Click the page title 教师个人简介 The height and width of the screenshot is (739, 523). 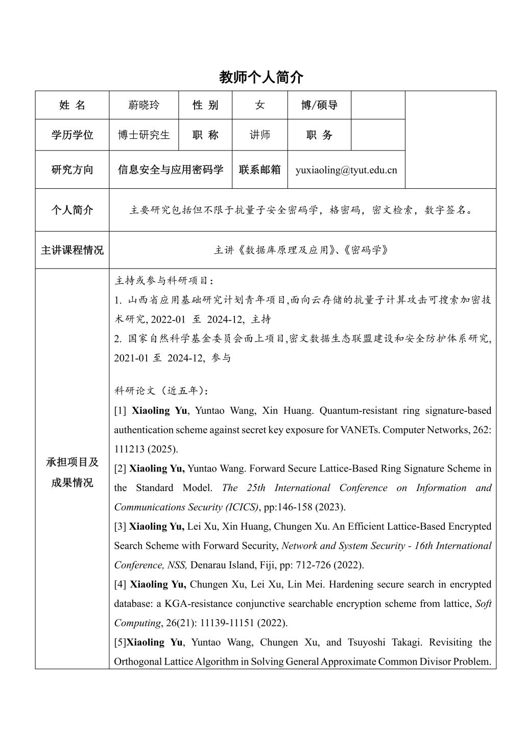(x=261, y=77)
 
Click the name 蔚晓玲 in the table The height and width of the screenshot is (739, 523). (x=144, y=105)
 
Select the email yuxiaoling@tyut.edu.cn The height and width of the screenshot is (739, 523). (x=346, y=170)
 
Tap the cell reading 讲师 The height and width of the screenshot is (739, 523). (x=259, y=135)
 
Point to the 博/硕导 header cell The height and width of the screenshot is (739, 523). (x=319, y=105)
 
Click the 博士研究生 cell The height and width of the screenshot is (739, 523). (x=144, y=135)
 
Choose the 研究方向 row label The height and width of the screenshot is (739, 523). (x=72, y=170)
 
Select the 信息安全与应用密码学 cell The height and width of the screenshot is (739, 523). (x=171, y=170)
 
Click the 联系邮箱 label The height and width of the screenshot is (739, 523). (x=259, y=170)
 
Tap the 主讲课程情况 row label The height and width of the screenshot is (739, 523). (x=72, y=250)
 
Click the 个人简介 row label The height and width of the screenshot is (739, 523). (x=72, y=210)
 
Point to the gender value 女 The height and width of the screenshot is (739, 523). (x=259, y=105)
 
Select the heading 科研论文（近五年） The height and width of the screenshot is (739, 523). (x=161, y=391)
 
